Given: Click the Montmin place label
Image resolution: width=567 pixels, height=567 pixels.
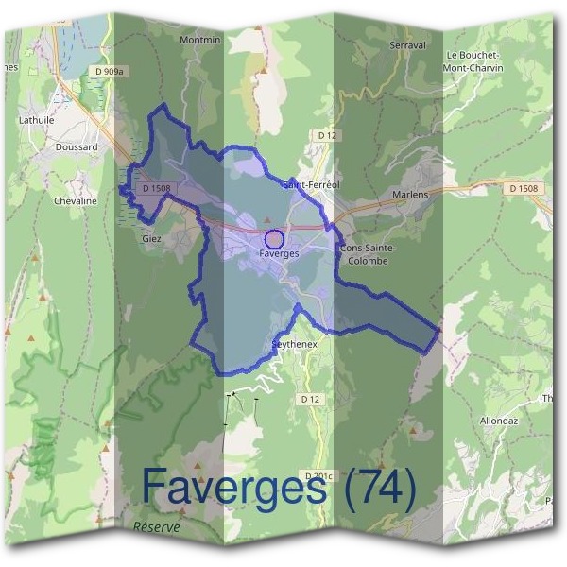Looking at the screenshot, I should point(199,40).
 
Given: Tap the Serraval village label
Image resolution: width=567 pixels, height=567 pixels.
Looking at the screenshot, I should point(404,44).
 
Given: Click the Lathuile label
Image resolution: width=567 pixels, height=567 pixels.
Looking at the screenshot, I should point(37,120).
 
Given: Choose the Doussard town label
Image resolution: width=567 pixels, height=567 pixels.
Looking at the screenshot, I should point(76,148).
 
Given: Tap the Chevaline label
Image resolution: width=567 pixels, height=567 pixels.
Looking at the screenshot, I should point(76,200).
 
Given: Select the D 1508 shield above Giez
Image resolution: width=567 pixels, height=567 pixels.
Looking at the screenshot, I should point(155,188).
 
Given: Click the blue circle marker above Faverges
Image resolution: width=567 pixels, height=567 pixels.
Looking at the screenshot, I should point(274,239).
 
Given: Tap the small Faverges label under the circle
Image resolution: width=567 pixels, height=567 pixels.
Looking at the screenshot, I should point(279,254).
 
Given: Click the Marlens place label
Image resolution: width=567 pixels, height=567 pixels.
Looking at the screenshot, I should point(410,195).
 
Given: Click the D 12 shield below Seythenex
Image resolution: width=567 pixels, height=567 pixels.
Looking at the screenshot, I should point(310,400).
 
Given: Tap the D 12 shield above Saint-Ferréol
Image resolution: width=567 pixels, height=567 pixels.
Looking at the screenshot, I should point(327,136).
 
